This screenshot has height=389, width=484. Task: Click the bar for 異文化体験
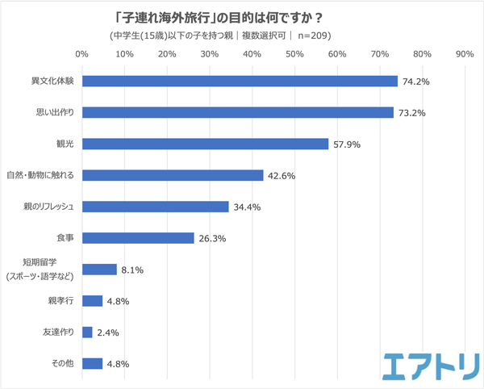tap(240, 82)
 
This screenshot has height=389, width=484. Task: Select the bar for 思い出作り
tap(238, 112)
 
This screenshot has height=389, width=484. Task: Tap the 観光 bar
tap(205, 144)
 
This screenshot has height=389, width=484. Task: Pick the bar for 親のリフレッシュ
tap(155, 207)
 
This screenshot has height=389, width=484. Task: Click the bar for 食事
tap(138, 238)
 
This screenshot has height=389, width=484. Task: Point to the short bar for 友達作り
tap(87, 332)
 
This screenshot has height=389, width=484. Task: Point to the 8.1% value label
tap(132, 270)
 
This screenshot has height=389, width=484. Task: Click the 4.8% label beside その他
tap(118, 363)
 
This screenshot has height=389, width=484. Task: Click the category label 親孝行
tap(61, 301)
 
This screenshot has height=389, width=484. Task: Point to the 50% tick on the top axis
tap(294, 55)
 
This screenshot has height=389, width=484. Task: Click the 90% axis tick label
tap(465, 55)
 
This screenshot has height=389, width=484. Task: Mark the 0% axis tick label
tap(81, 55)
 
